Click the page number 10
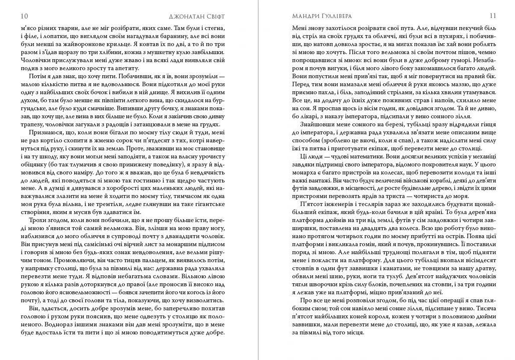point(24,16)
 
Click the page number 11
point(491,16)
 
